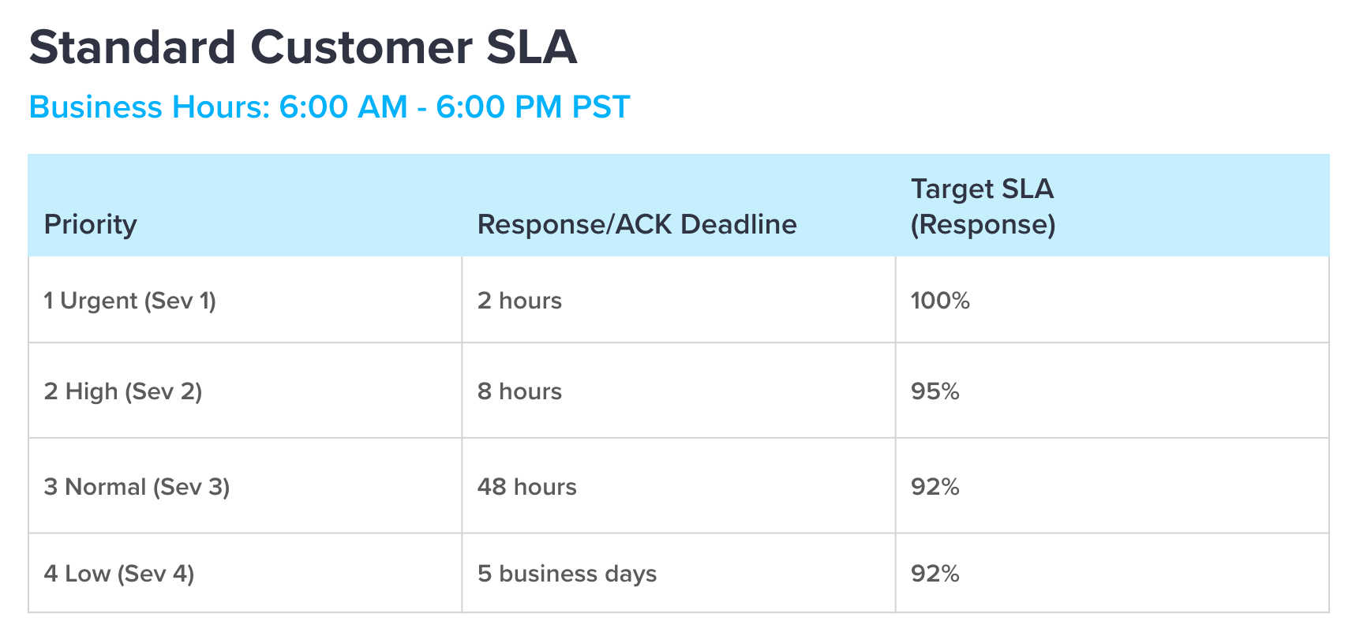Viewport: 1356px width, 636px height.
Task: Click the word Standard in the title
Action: (x=133, y=47)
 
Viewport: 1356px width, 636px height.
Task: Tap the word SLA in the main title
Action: (x=531, y=47)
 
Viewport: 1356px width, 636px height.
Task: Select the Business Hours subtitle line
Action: (x=329, y=107)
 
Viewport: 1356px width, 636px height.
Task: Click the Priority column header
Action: (x=90, y=225)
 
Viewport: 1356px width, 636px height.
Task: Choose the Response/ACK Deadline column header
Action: (x=637, y=224)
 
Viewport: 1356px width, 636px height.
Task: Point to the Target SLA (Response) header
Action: (x=983, y=207)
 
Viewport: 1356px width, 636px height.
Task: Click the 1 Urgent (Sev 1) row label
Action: (x=130, y=301)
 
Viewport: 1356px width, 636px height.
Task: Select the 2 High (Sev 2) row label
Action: (x=123, y=391)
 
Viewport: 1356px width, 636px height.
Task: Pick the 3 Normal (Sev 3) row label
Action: (x=137, y=487)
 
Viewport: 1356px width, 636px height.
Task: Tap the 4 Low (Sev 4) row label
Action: (x=119, y=574)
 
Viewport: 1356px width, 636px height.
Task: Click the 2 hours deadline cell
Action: (x=519, y=301)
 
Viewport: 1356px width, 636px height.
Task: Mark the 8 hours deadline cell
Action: (x=519, y=391)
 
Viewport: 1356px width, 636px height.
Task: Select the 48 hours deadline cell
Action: (x=526, y=487)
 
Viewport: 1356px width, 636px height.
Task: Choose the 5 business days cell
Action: (x=567, y=574)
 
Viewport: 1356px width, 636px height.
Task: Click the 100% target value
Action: (x=940, y=301)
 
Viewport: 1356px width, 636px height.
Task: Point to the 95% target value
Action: (x=935, y=391)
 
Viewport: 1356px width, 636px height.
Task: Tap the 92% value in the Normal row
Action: (x=935, y=487)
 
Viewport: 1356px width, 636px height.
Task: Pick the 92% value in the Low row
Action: (x=935, y=574)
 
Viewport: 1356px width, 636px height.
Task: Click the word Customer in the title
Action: (x=361, y=47)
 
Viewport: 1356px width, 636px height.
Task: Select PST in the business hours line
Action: (x=601, y=107)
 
